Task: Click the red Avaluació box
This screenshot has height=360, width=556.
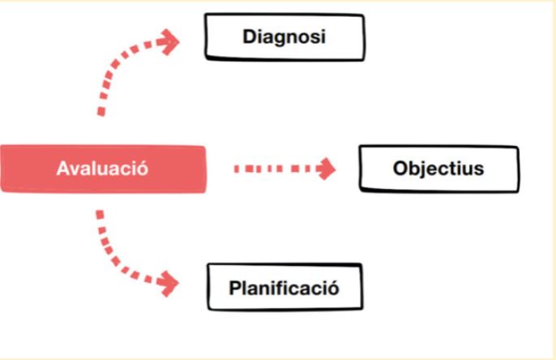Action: (x=102, y=169)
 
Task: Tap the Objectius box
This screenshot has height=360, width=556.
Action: (x=438, y=169)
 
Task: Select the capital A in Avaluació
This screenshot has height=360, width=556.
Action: (x=62, y=169)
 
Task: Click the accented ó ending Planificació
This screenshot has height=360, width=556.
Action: (x=331, y=288)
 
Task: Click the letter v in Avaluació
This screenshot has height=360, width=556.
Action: (x=74, y=169)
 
